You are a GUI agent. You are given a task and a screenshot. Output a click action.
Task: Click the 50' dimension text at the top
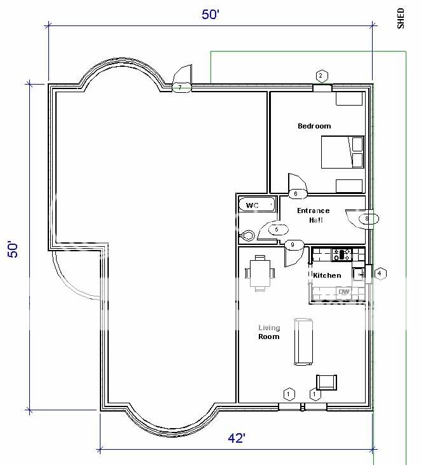(210, 15)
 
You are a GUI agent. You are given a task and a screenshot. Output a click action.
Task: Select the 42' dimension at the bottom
(236, 438)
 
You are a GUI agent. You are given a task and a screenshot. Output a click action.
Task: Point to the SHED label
(401, 18)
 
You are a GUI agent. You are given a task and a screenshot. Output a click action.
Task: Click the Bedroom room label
(314, 126)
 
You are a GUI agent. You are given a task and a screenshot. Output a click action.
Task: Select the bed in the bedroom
(342, 153)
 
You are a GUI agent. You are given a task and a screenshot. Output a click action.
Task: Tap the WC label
(253, 205)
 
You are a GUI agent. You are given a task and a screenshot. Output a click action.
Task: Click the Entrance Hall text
(314, 215)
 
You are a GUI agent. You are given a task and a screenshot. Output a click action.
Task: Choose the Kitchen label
(327, 275)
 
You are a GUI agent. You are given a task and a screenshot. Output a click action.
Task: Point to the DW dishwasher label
(344, 292)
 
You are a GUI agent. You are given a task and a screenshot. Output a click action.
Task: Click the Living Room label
(268, 332)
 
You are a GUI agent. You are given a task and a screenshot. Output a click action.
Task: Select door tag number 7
(181, 87)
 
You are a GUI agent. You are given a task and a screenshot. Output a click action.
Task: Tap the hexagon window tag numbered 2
(321, 76)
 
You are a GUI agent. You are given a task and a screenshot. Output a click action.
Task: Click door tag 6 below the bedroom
(296, 193)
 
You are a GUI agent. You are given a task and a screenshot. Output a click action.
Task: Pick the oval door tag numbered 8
(367, 219)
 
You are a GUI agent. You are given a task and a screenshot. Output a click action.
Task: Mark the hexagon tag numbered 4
(380, 274)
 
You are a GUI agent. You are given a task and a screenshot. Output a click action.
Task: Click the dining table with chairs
(260, 272)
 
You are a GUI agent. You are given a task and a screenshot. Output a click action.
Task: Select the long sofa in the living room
(303, 342)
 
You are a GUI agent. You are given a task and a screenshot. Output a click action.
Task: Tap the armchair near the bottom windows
(326, 382)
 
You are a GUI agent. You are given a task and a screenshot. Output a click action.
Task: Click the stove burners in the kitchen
(344, 254)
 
